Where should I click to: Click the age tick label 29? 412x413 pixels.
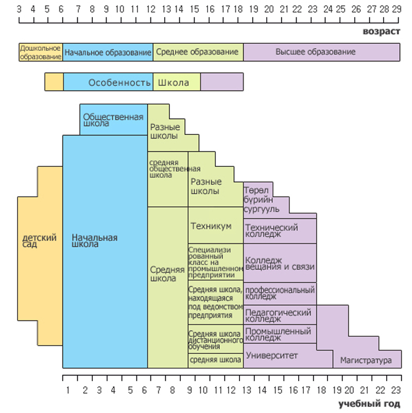(397, 9)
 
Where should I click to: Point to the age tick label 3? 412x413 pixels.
(19, 9)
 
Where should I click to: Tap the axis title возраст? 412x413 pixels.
(382, 31)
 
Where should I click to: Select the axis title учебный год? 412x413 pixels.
(369, 404)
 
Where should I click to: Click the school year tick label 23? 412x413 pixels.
(396, 390)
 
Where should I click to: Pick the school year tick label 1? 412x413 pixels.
(68, 390)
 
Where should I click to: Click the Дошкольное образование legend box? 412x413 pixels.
(41, 52)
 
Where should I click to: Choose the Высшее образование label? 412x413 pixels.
(316, 51)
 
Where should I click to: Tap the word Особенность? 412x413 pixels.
(119, 83)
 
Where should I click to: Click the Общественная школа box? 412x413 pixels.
(113, 119)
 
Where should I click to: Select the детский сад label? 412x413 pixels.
(40, 240)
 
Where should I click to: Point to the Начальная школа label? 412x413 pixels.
(95, 240)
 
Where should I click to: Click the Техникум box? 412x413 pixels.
(215, 225)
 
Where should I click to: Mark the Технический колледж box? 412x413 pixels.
(280, 231)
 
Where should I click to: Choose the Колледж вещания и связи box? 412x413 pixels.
(280, 263)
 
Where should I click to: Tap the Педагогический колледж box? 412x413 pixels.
(280, 315)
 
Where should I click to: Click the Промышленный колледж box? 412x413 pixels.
(280, 334)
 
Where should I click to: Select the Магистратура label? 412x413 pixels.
(366, 360)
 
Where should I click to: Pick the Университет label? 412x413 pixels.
(272, 355)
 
